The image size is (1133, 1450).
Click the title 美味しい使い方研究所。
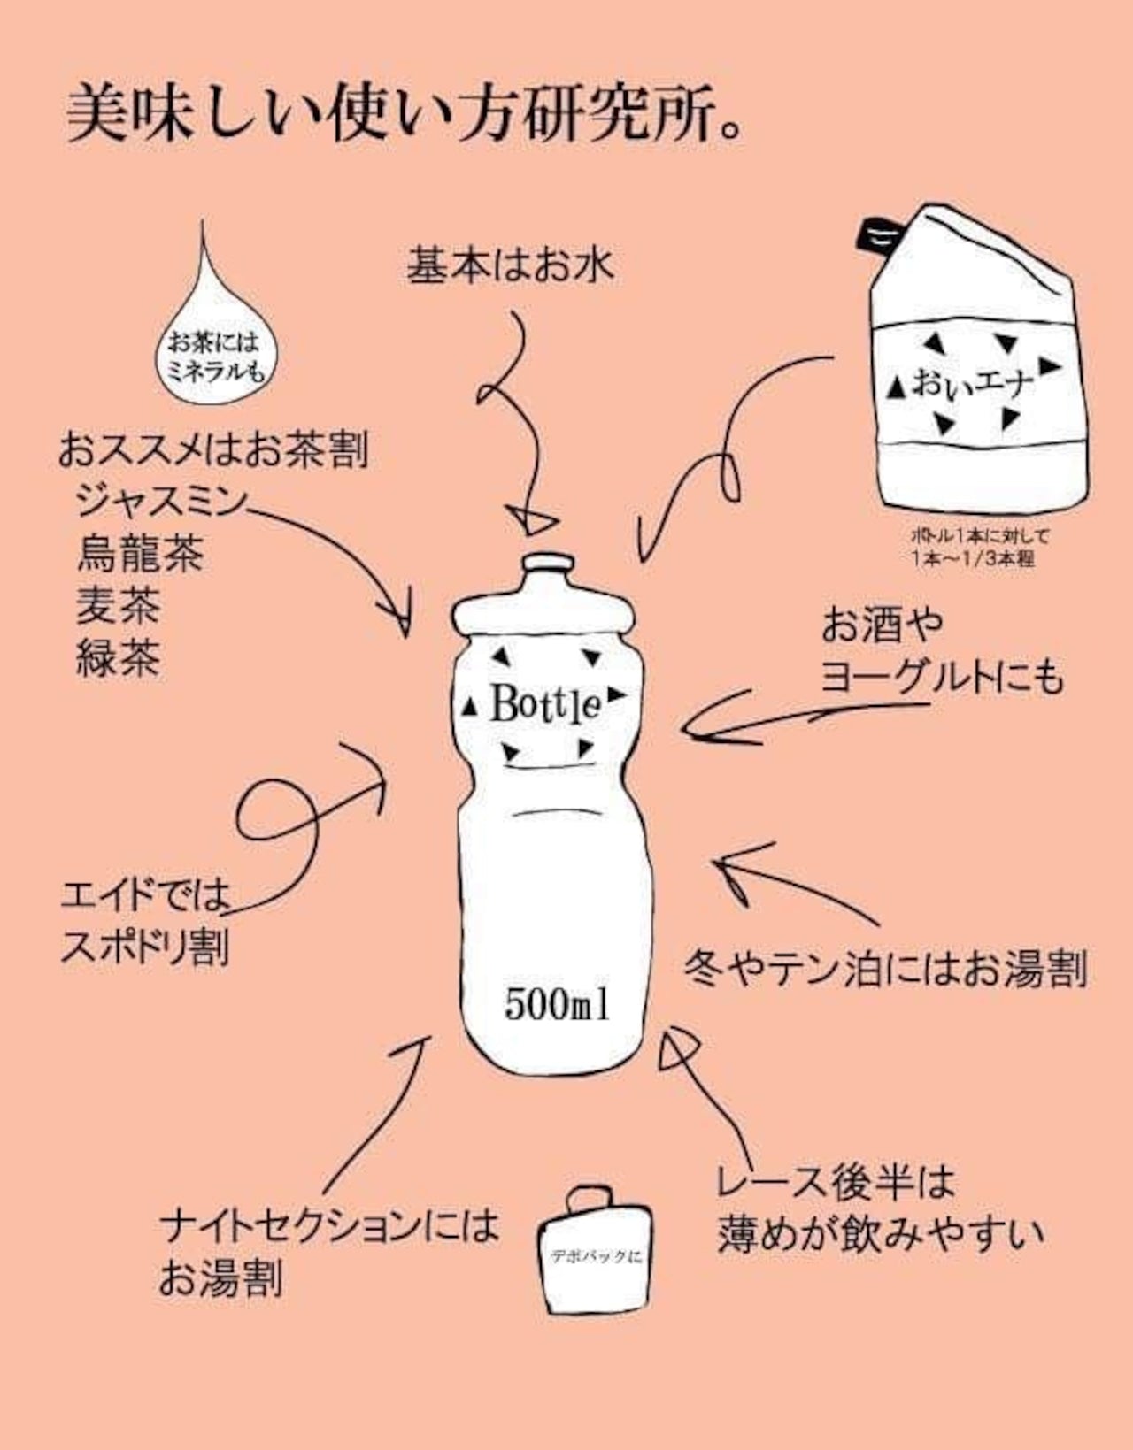click(403, 112)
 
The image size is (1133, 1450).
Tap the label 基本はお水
click(510, 265)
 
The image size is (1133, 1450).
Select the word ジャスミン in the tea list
click(159, 502)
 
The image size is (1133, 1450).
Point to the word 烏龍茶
click(140, 554)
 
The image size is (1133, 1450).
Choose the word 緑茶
click(118, 658)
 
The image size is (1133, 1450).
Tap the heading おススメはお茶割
click(212, 450)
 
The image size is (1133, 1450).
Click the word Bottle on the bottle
click(546, 705)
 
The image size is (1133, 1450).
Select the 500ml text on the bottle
click(557, 1004)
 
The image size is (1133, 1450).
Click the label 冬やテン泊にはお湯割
click(885, 970)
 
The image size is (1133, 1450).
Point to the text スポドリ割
click(144, 947)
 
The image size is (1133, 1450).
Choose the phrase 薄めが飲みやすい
click(881, 1233)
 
